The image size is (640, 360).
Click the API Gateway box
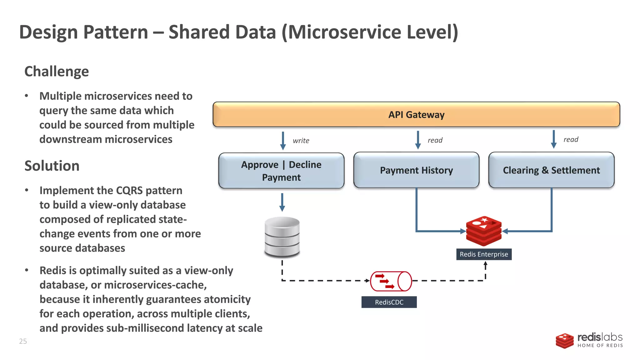click(x=416, y=114)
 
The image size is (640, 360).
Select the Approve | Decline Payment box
click(x=281, y=171)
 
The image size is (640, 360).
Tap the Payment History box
click(x=416, y=170)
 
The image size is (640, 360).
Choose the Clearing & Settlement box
click(x=551, y=170)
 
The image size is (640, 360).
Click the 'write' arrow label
click(x=301, y=141)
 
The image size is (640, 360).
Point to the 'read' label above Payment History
click(x=435, y=140)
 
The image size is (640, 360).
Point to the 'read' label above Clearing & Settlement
click(x=571, y=140)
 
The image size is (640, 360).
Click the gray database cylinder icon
click(x=282, y=237)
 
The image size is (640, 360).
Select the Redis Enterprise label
click(x=484, y=254)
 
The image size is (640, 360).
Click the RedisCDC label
click(x=389, y=302)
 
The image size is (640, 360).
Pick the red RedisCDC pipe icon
click(x=391, y=281)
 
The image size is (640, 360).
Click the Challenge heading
click(x=57, y=72)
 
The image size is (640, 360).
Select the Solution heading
click(x=52, y=166)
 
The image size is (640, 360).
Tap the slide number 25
click(x=23, y=341)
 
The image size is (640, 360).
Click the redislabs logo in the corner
click(x=589, y=340)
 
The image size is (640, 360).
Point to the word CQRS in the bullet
click(x=129, y=191)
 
